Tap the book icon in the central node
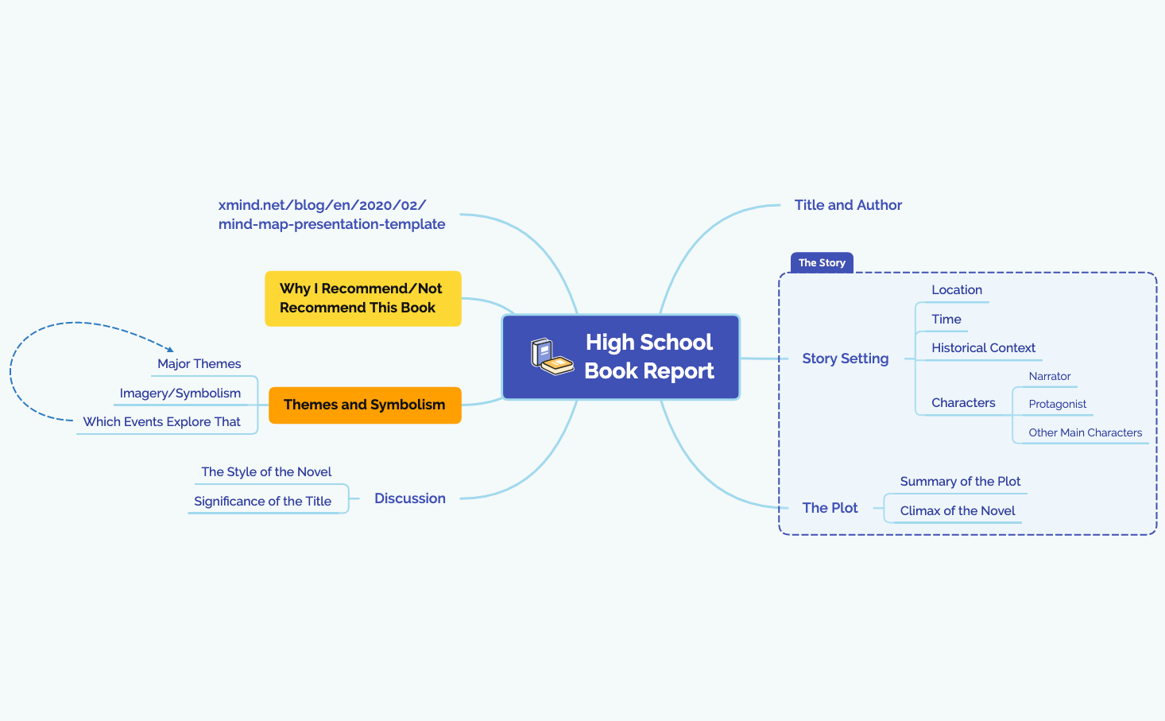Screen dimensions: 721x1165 pyautogui.click(x=552, y=357)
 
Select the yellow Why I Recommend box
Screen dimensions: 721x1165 pyautogui.click(x=362, y=298)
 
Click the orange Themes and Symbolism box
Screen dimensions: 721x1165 pyautogui.click(x=365, y=405)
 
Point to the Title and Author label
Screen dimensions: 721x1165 pyautogui.click(x=848, y=205)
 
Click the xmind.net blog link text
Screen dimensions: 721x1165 pyautogui.click(x=331, y=215)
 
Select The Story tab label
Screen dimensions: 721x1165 pyautogui.click(x=822, y=263)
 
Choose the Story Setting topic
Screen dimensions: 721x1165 pyautogui.click(x=845, y=359)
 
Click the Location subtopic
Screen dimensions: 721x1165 pyautogui.click(x=957, y=290)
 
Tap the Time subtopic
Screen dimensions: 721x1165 pyautogui.click(x=946, y=320)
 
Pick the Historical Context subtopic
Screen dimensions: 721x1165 pyautogui.click(x=983, y=348)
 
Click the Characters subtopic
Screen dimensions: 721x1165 pyautogui.click(x=963, y=403)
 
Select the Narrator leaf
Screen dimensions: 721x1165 pyautogui.click(x=1049, y=377)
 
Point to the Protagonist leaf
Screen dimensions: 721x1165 pyautogui.click(x=1057, y=405)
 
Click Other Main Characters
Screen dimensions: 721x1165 pyautogui.click(x=1085, y=433)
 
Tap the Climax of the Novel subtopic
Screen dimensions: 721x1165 pyautogui.click(x=957, y=511)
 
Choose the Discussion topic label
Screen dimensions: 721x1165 pyautogui.click(x=409, y=498)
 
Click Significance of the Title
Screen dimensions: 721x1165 pyautogui.click(x=262, y=502)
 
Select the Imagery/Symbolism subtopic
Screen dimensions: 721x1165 pyautogui.click(x=180, y=393)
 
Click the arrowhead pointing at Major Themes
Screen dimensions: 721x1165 pyautogui.click(x=169, y=349)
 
